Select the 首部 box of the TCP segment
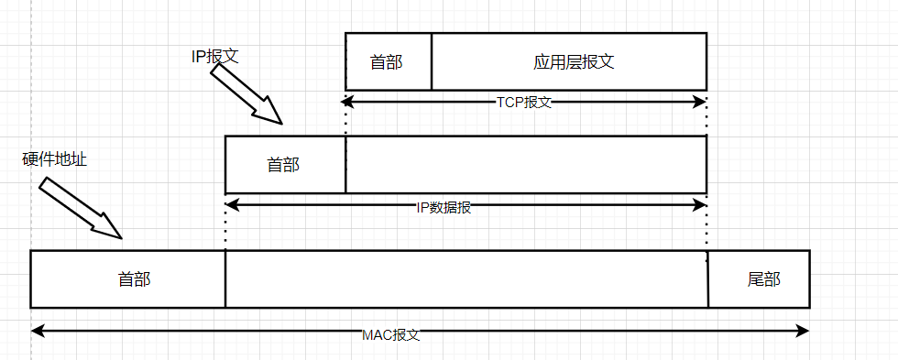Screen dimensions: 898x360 (x=388, y=62)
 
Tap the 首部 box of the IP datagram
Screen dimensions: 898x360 (x=285, y=165)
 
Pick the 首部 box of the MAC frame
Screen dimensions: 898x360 (x=135, y=279)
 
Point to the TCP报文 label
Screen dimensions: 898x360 (x=524, y=102)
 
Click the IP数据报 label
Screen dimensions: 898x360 (x=444, y=207)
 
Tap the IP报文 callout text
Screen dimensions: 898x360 (x=214, y=56)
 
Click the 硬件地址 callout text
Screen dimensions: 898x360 (x=54, y=159)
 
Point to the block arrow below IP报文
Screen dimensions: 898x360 (x=246, y=93)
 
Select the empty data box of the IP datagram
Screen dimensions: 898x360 (x=526, y=165)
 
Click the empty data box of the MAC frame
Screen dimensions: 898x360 (x=465, y=279)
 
